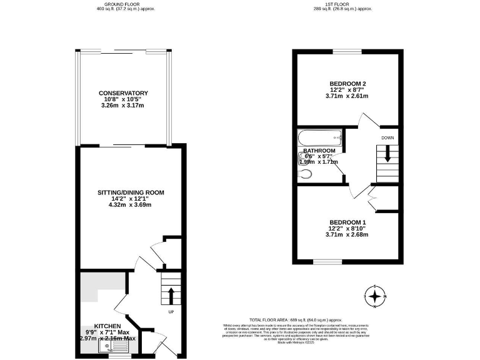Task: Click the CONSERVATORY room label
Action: [x=122, y=93]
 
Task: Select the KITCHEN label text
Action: [x=107, y=326]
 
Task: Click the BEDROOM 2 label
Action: [x=347, y=84]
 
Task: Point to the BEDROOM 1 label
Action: [x=347, y=222]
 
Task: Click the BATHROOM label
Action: [x=319, y=151]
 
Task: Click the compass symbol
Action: [x=374, y=296]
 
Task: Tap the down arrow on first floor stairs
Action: [x=387, y=154]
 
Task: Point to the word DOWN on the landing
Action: [x=387, y=137]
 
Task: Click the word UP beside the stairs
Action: [x=170, y=311]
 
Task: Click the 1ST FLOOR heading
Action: [x=342, y=4]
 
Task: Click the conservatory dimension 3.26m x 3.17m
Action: [x=122, y=106]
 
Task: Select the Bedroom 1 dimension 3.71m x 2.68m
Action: [x=347, y=235]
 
